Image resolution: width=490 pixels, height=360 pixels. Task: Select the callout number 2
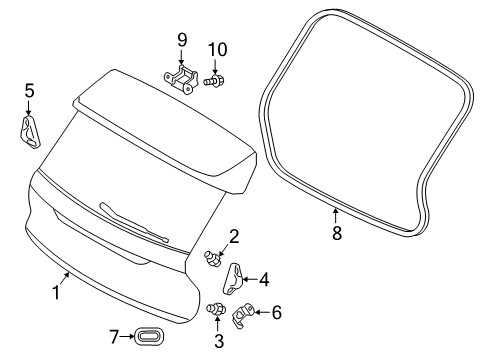[233, 237]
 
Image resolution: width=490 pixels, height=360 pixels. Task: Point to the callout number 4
[265, 280]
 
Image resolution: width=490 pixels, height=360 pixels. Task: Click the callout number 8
[337, 233]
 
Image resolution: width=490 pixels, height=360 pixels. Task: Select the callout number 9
[182, 40]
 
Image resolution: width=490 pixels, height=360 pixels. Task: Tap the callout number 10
[217, 49]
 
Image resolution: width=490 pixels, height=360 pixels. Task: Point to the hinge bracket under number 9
[182, 79]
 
